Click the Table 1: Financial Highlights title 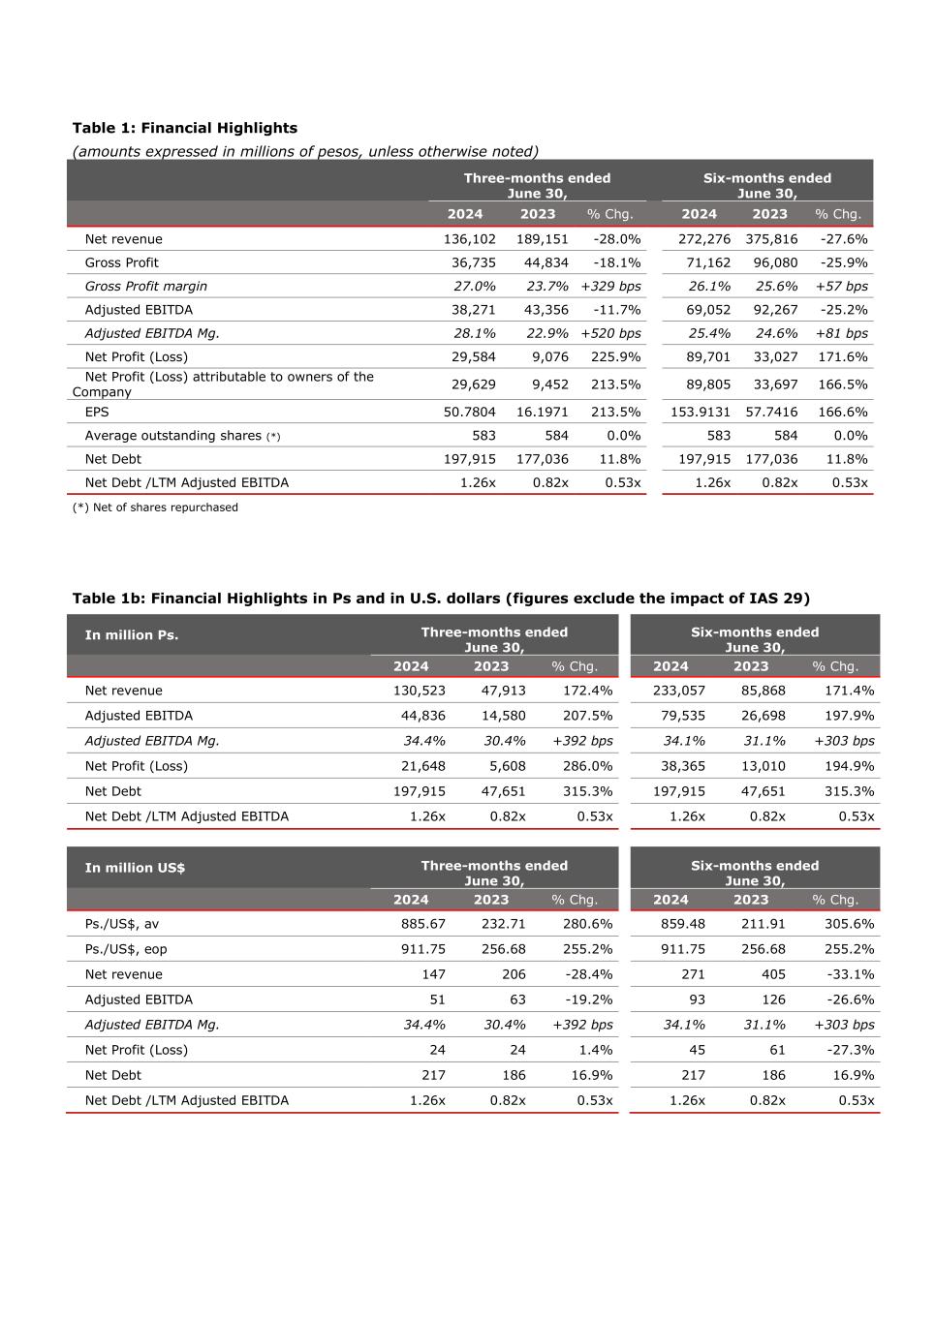(x=185, y=128)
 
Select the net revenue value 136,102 (x=469, y=239)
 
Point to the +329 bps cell (x=610, y=286)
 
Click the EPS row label (x=98, y=412)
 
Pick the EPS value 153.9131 (x=701, y=412)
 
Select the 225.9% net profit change (x=615, y=356)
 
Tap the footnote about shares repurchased (x=155, y=507)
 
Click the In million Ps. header (x=131, y=635)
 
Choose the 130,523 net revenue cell (x=420, y=691)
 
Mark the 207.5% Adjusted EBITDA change (x=587, y=716)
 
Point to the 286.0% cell (x=587, y=766)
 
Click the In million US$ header (x=135, y=868)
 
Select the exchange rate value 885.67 (x=423, y=924)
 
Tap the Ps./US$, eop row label (x=125, y=949)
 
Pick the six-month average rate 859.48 (x=683, y=924)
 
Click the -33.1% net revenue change (x=850, y=974)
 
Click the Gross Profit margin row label (x=145, y=286)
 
